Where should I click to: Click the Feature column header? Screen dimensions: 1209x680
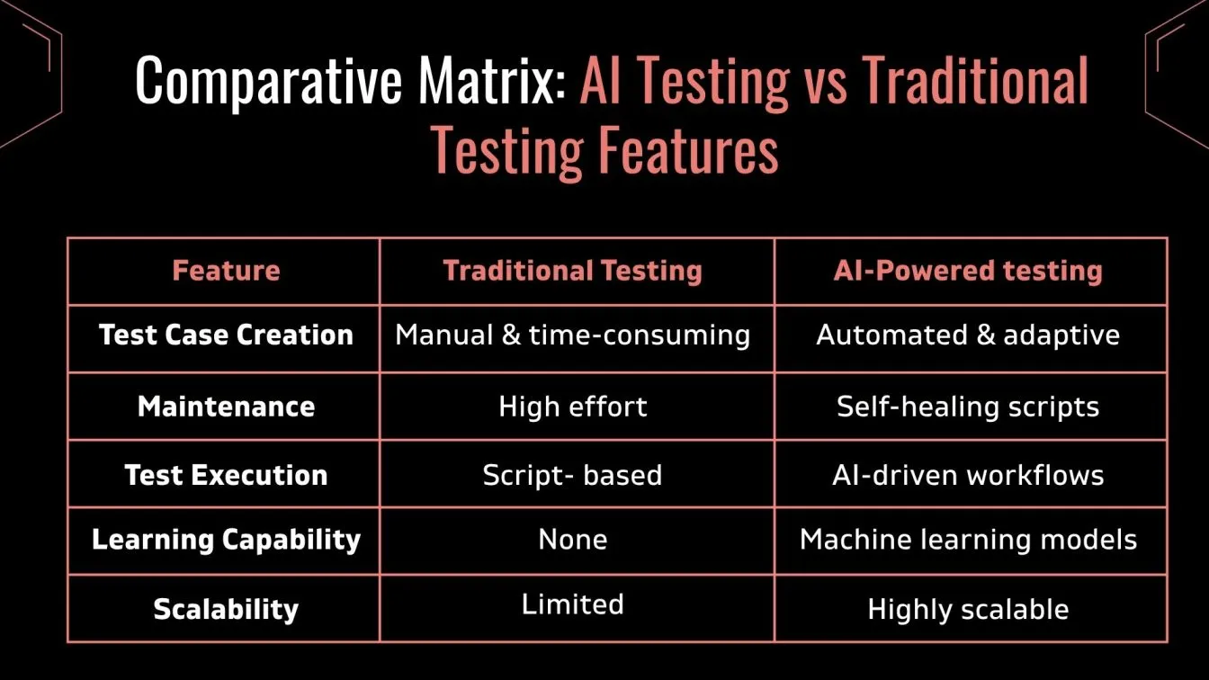pyautogui.click(x=226, y=271)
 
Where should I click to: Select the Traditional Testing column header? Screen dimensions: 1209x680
pyautogui.click(x=573, y=271)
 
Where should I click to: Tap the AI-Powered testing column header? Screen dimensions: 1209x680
pyautogui.click(x=968, y=271)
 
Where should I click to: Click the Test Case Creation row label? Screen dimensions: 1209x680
pyautogui.click(x=226, y=335)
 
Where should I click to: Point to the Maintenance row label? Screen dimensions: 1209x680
pyautogui.click(x=226, y=407)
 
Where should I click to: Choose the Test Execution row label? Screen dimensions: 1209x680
pyautogui.click(x=226, y=476)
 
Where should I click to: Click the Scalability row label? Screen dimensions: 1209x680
pyautogui.click(x=226, y=609)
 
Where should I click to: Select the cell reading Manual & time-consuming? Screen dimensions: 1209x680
pyautogui.click(x=573, y=336)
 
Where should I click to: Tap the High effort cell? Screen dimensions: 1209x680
pyautogui.click(x=573, y=407)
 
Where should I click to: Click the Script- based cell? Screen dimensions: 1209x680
pyautogui.click(x=573, y=476)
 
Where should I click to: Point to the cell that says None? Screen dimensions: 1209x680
pyautogui.click(x=573, y=540)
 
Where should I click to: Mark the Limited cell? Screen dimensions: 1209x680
pyautogui.click(x=573, y=604)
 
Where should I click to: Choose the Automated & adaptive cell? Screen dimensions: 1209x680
pyautogui.click(x=968, y=336)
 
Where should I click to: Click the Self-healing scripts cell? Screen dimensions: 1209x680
pyautogui.click(x=968, y=407)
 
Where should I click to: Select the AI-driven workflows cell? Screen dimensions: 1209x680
pyautogui.click(x=968, y=476)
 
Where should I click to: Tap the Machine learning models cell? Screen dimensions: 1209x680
pyautogui.click(x=968, y=540)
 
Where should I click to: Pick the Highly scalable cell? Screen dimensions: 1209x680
pyautogui.click(x=968, y=610)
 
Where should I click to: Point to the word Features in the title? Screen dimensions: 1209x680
pyautogui.click(x=689, y=149)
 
